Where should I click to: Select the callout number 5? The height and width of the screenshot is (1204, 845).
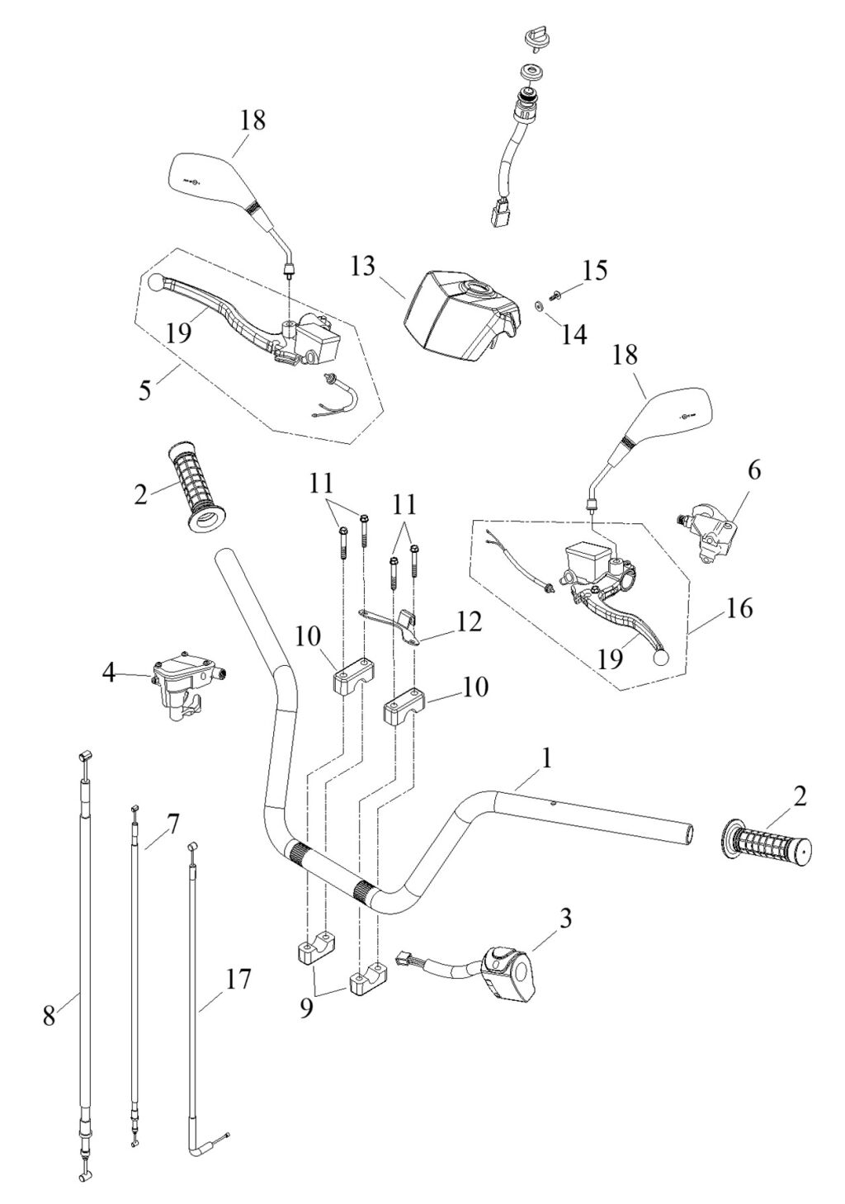pos(146,388)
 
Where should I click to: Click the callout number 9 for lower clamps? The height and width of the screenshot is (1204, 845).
pos(305,1008)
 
